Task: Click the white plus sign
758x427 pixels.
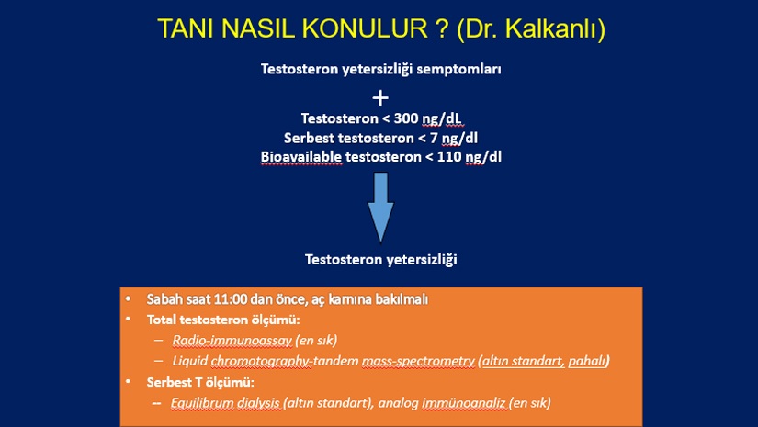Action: [x=380, y=98]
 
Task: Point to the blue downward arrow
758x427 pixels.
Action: [x=381, y=208]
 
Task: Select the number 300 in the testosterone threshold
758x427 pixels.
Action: [x=406, y=118]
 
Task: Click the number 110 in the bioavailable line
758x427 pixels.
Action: [x=449, y=157]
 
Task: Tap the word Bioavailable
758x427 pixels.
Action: [x=301, y=157]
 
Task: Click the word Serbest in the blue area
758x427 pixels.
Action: [x=309, y=138]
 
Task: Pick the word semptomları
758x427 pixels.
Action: [x=458, y=70]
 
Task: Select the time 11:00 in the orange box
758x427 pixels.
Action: [x=230, y=299]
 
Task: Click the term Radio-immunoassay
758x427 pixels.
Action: [x=232, y=341]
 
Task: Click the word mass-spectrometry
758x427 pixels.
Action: [x=418, y=361]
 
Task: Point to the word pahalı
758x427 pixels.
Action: [x=587, y=361]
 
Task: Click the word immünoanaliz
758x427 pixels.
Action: [x=464, y=403]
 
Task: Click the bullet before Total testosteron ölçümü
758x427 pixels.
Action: [x=128, y=320]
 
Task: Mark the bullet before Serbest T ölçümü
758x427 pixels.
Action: [x=128, y=382]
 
